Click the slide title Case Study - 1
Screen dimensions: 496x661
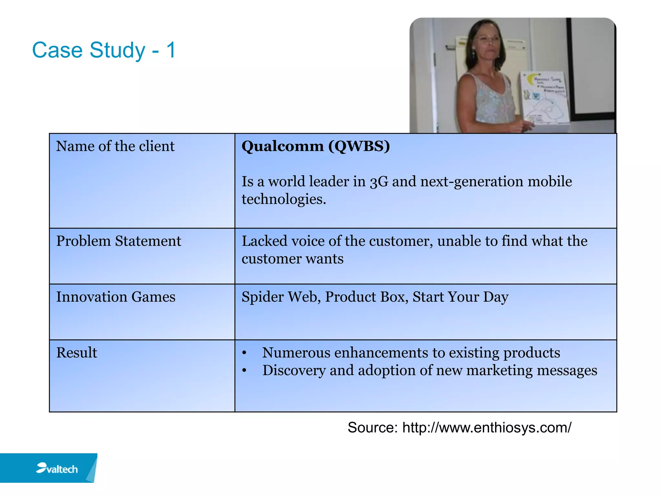[104, 50]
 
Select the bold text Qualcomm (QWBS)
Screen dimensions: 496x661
[315, 146]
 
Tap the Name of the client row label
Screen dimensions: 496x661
[115, 146]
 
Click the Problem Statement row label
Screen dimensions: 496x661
[118, 241]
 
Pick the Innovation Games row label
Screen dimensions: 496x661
[116, 297]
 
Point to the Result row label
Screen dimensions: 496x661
[76, 353]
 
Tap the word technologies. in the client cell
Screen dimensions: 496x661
[284, 199]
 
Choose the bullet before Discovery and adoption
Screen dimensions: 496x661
[244, 371]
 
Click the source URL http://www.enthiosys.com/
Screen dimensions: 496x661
[487, 428]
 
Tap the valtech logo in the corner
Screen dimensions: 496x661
[57, 468]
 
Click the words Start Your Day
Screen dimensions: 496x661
[460, 297]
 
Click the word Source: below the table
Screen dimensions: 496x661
[372, 428]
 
